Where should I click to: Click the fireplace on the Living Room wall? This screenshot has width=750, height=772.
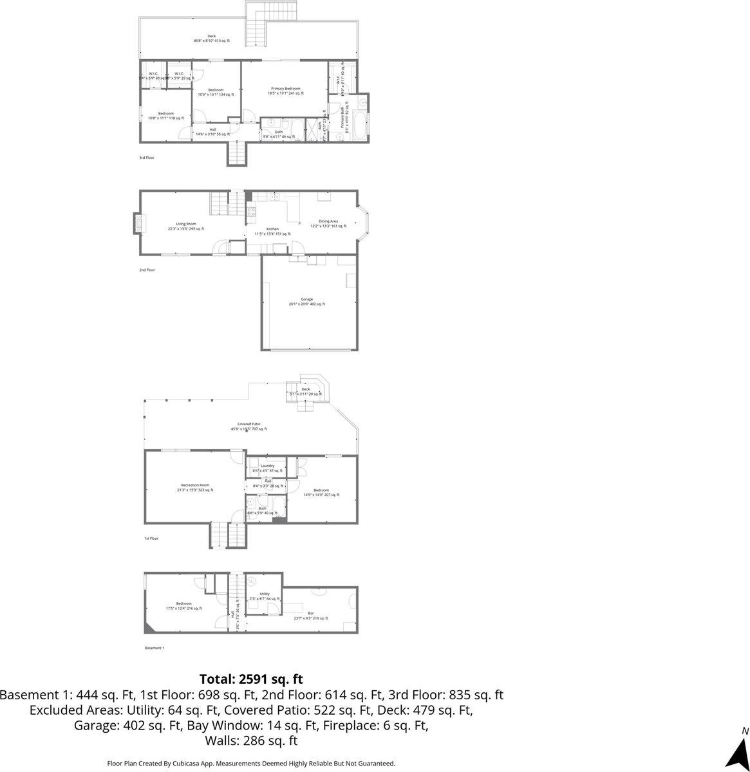(x=137, y=223)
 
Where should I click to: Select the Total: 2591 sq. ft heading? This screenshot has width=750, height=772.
(x=251, y=679)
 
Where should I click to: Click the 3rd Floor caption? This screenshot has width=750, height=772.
(x=147, y=158)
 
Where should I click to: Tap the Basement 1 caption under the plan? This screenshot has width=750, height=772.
(x=155, y=648)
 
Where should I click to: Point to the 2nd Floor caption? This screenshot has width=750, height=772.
(x=147, y=270)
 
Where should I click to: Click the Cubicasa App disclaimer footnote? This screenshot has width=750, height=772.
(x=251, y=763)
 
